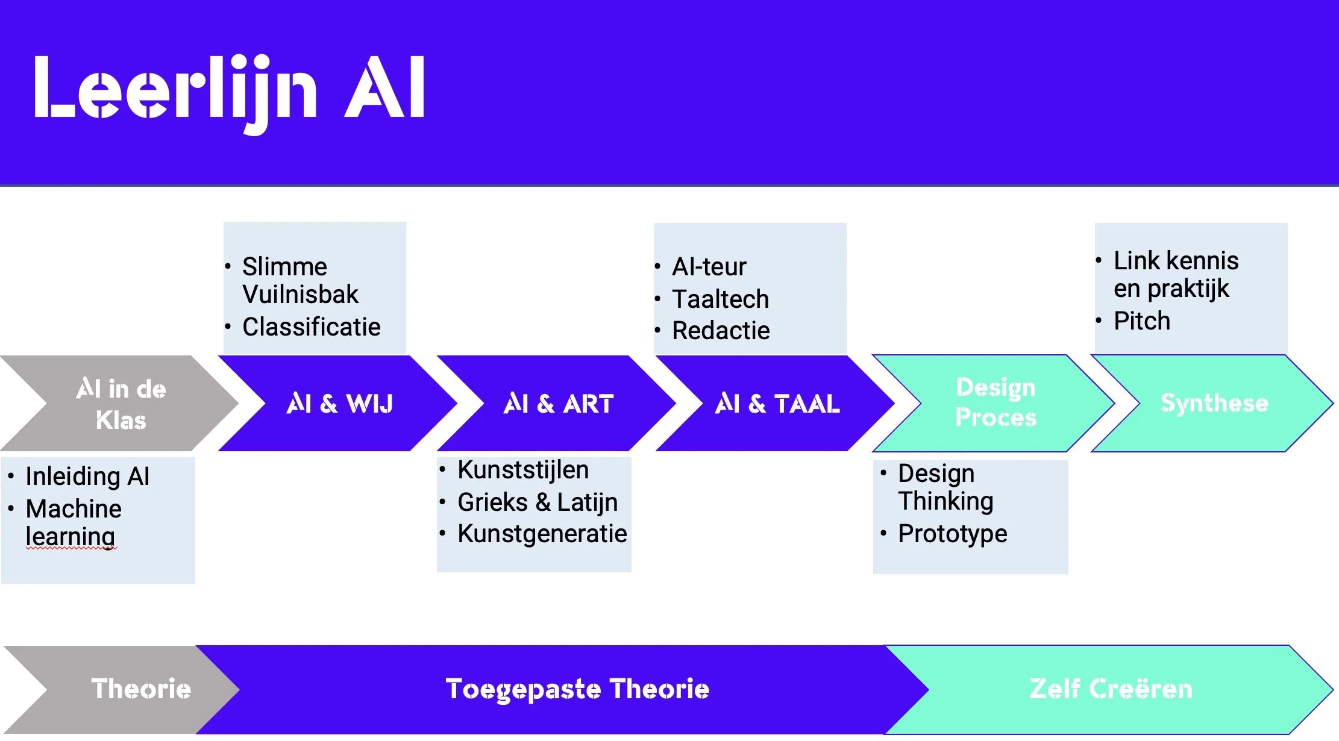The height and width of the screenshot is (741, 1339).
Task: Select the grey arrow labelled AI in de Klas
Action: pos(121,404)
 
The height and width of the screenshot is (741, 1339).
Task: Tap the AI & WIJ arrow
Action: pos(339,404)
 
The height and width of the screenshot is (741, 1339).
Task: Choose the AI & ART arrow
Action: pos(558,404)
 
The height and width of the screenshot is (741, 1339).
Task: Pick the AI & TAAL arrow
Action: pos(777,404)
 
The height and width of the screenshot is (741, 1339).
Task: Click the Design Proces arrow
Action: pos(996,402)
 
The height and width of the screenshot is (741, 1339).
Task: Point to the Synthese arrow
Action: pos(1214,403)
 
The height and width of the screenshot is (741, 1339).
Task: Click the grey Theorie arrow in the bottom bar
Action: pos(140,689)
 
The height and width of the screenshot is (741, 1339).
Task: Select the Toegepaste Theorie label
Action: pos(577,689)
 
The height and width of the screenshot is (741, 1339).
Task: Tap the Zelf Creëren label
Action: pos(1111,689)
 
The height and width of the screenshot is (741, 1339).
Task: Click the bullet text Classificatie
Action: pos(311,327)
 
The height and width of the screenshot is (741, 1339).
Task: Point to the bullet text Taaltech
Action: pos(720,299)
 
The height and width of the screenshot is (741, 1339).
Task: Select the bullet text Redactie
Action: pos(721,331)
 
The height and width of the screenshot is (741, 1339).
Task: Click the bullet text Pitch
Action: pos(1141,321)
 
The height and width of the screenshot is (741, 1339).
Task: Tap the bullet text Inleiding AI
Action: pos(87,477)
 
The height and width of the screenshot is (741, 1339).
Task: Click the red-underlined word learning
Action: pos(71,536)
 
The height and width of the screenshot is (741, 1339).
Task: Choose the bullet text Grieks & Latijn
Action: pos(538,502)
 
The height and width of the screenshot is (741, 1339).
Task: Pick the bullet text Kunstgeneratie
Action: pos(542,534)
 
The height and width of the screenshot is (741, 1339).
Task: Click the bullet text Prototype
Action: pos(952,534)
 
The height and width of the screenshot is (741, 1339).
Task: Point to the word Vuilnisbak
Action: pos(300,295)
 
